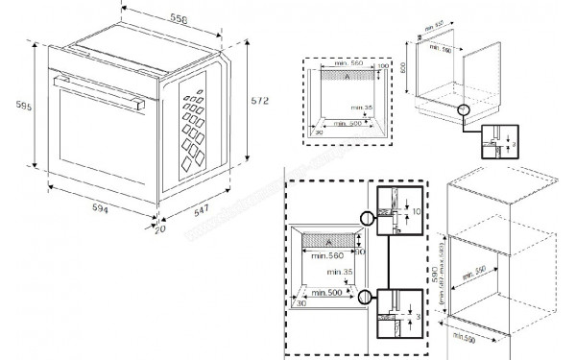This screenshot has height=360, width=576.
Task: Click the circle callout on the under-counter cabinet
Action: click(x=464, y=110)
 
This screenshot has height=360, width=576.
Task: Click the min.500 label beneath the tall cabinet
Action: click(x=462, y=340)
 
